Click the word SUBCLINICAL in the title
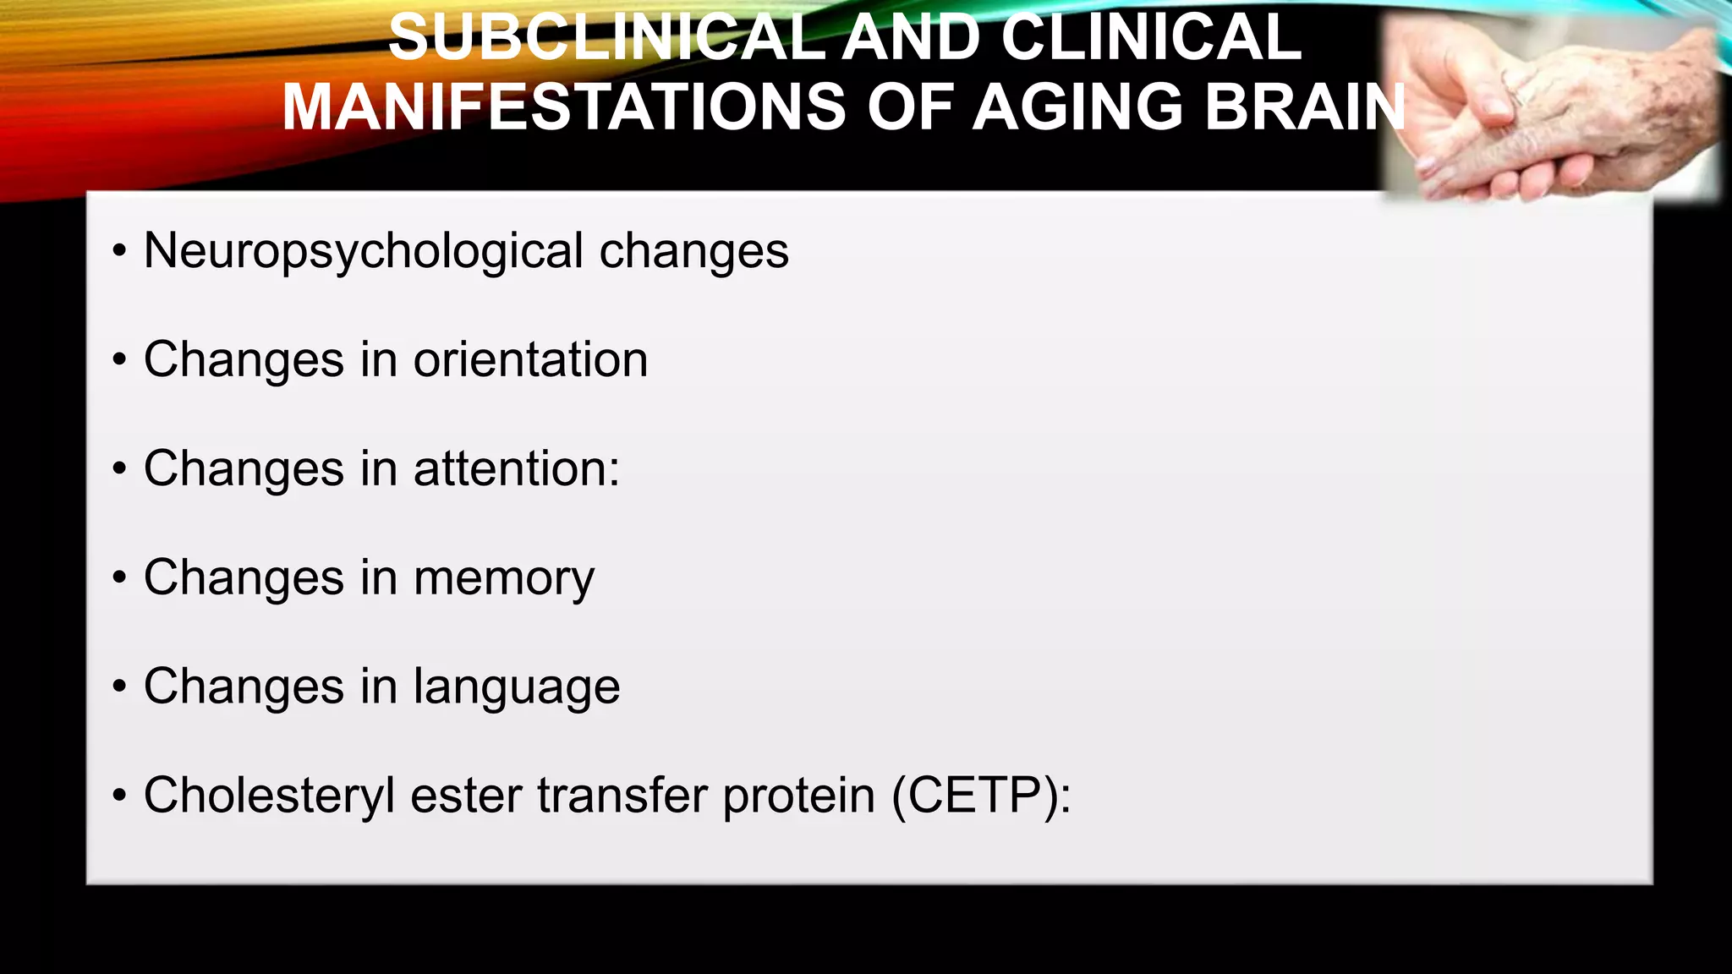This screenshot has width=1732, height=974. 606,37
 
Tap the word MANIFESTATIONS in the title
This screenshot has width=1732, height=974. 563,107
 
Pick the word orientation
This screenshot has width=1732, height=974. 530,359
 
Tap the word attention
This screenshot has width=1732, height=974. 511,468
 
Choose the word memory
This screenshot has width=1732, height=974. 504,578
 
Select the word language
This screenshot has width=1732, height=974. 517,687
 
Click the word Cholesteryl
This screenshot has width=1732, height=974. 269,796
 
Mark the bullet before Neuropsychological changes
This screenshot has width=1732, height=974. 119,251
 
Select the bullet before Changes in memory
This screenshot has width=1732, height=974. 119,578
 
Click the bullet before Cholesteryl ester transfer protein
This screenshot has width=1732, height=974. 119,796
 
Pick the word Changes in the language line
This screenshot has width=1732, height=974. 244,687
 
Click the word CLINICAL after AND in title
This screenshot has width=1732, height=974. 1150,37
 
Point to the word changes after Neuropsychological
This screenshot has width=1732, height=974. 693,252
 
